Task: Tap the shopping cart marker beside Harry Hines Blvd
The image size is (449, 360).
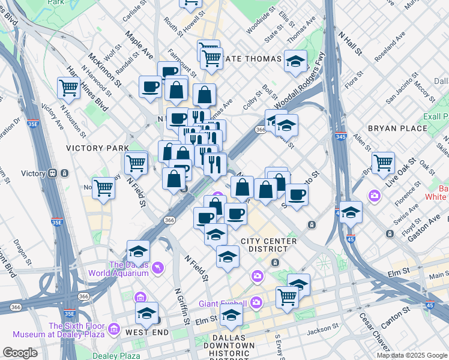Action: [x=69, y=88]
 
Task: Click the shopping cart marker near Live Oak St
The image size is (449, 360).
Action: [x=383, y=163]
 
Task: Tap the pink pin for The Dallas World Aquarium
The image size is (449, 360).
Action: [x=158, y=267]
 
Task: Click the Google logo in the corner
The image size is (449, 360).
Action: [x=20, y=353]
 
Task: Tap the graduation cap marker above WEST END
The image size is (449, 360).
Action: [x=146, y=313]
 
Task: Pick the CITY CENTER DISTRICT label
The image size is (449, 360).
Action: [x=268, y=245]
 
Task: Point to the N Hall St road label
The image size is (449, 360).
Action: [x=350, y=44]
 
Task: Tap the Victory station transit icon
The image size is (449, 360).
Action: [x=52, y=173]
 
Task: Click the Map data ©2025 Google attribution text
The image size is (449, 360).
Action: [x=411, y=355]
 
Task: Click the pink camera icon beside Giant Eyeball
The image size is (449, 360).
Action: [x=256, y=301]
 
